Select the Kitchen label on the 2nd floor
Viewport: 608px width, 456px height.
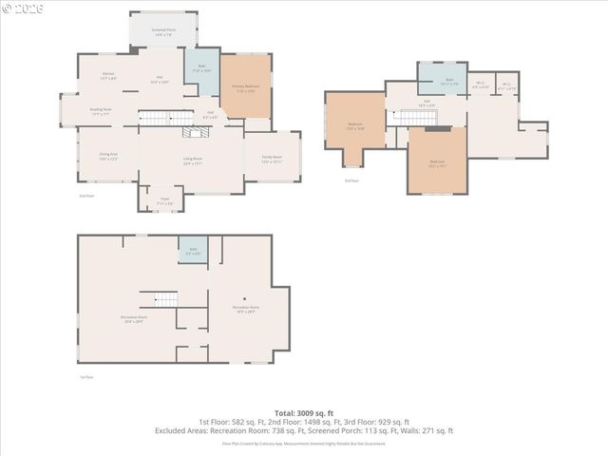pyautogui.click(x=109, y=76)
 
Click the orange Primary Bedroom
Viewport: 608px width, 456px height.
pyautogui.click(x=246, y=87)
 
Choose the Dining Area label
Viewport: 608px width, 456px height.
pyautogui.click(x=109, y=156)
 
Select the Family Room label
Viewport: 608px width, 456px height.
pyautogui.click(x=272, y=160)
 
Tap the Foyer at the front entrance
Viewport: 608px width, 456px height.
pyautogui.click(x=164, y=200)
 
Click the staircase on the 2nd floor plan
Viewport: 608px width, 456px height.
pyautogui.click(x=167, y=118)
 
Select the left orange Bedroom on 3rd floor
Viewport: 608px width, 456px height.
pyautogui.click(x=355, y=123)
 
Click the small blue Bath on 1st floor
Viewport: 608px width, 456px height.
pyautogui.click(x=192, y=250)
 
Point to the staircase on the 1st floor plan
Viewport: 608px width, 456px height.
pyautogui.click(x=160, y=298)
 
